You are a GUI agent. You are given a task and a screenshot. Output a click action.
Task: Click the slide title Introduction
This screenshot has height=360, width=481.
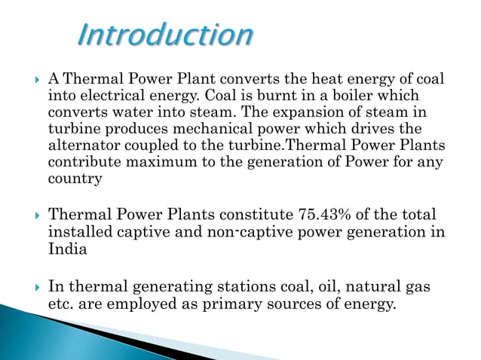click(x=166, y=35)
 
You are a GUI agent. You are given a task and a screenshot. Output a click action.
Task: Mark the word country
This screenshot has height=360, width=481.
click(x=74, y=178)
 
